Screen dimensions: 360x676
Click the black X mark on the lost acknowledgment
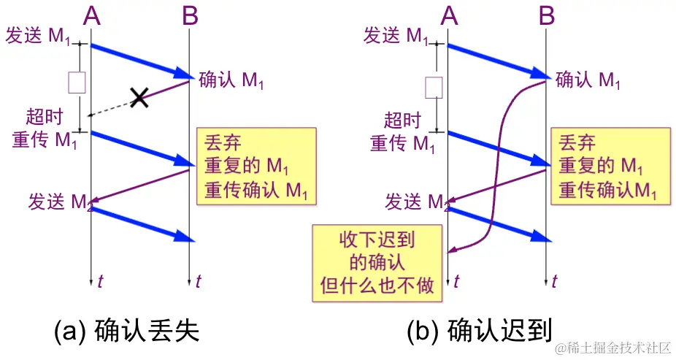pos(139,97)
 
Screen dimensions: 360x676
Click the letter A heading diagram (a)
pos(91,16)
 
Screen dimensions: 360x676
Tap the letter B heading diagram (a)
pos(190,16)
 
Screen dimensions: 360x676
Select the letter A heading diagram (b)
pos(449,16)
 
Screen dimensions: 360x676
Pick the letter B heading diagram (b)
pos(547,16)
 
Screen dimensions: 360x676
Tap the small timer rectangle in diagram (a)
pos(77,83)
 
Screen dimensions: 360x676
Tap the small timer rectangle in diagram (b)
pos(434,87)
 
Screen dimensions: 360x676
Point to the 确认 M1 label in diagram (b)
pos(588,80)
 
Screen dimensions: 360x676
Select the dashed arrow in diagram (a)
pos(110,107)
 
